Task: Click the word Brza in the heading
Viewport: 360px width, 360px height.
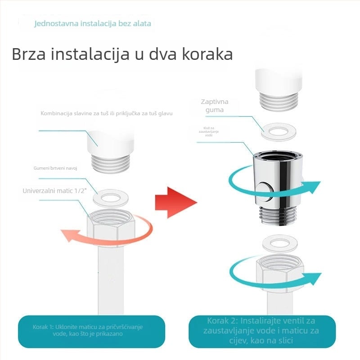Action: click(x=29, y=54)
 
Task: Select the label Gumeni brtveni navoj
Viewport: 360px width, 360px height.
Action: click(x=55, y=168)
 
